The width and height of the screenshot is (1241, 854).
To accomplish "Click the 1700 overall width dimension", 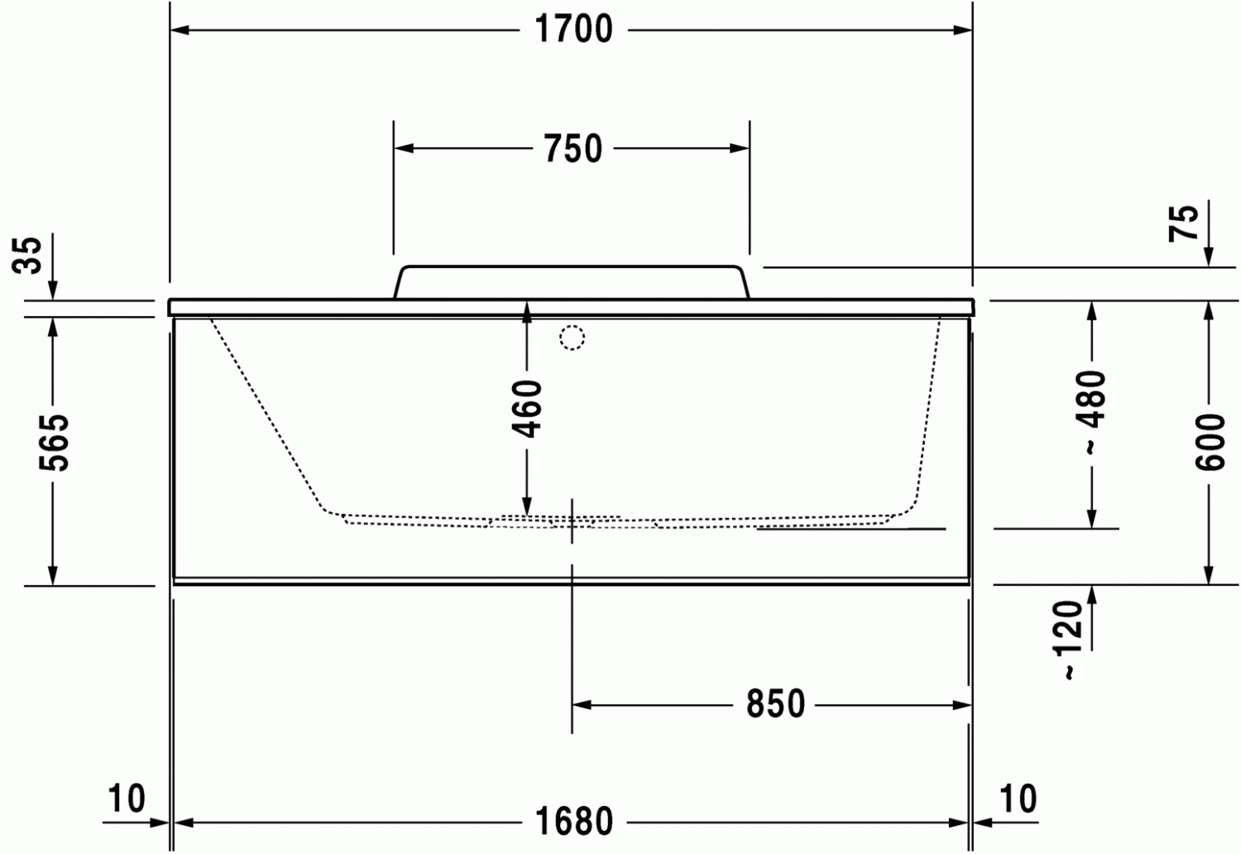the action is tap(573, 29).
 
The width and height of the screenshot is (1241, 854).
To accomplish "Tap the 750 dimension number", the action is tap(573, 148).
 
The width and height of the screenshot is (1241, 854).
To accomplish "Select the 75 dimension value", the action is tap(1183, 223).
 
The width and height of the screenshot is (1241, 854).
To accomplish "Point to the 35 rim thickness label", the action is tap(26, 255).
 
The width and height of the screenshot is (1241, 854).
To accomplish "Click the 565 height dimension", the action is tap(54, 443).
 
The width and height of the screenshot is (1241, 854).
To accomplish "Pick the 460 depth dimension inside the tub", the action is tap(526, 409).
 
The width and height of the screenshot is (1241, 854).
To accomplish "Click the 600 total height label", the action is tap(1210, 442).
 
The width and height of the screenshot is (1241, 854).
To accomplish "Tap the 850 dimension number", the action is tap(776, 704).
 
